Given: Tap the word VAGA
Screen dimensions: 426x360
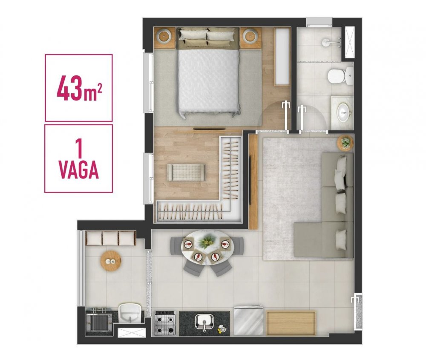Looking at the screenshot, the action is pos(79,170).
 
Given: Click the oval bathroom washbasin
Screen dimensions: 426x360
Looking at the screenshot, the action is pos(344,112).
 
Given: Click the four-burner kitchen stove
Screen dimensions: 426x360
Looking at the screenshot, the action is pos(164,323).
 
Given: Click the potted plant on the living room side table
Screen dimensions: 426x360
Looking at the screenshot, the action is pos(345,142).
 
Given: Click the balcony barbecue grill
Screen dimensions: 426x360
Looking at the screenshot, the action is pos(99,322).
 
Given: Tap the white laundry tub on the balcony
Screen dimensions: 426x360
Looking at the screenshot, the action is pos(130,313).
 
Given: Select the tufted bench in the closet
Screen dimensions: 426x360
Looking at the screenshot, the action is pos(187,172).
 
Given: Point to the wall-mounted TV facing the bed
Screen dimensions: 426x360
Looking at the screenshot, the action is pos(209,128).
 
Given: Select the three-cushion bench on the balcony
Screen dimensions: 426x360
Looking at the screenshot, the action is pos(111,238).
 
